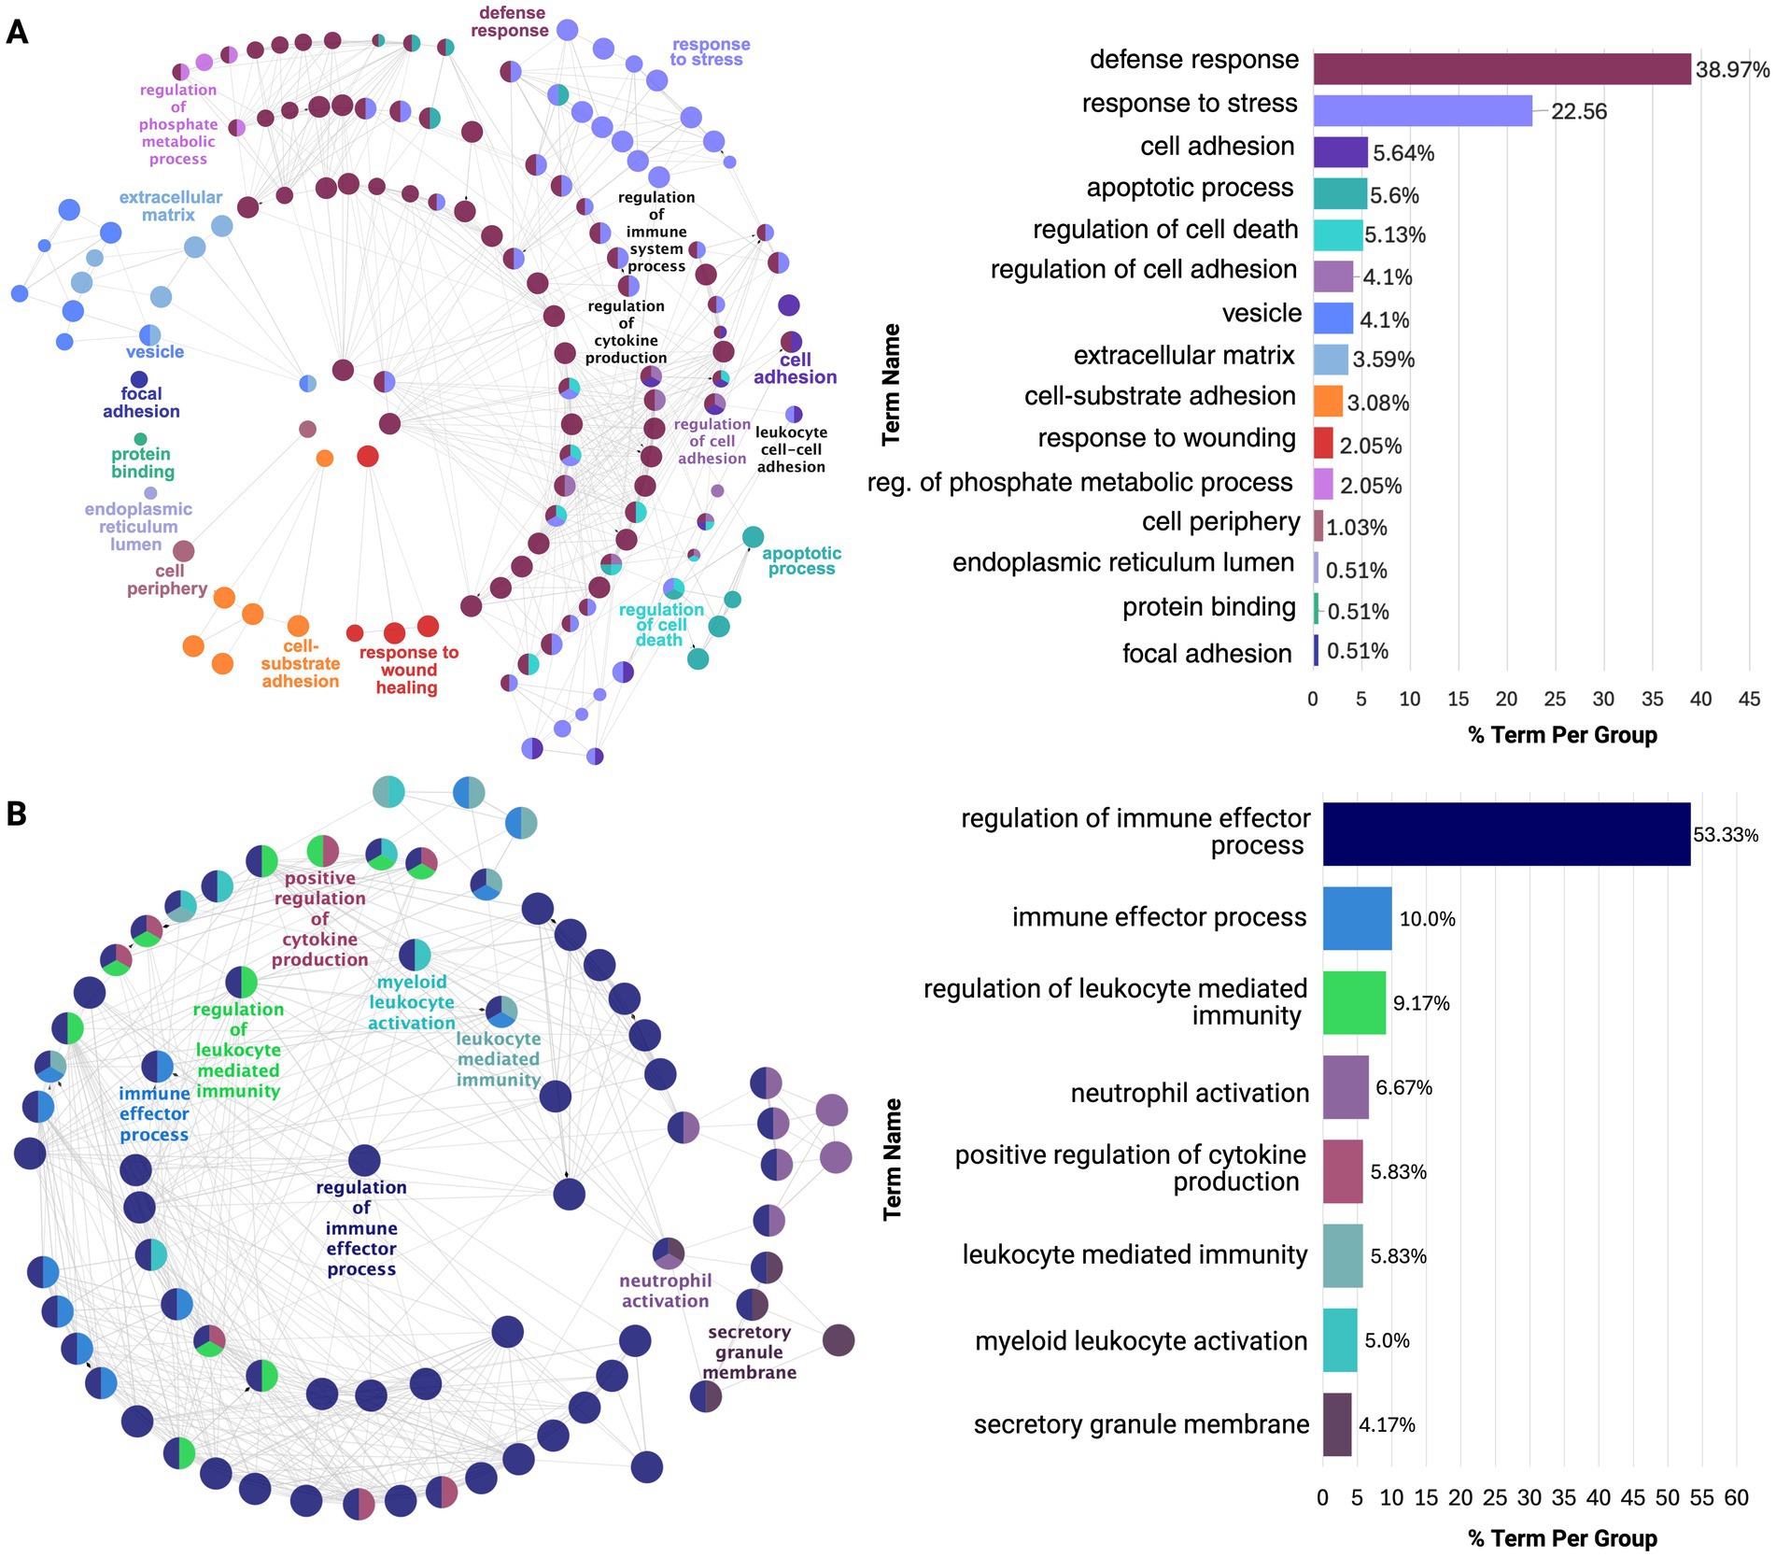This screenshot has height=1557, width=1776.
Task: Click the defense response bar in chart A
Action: coord(1501,69)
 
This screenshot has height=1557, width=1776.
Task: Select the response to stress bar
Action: coord(1422,110)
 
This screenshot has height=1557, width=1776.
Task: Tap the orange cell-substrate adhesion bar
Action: coord(1328,401)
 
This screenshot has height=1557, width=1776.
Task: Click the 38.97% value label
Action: coord(1732,70)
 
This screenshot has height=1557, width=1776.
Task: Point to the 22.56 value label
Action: coord(1579,112)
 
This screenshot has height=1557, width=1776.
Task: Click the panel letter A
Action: coord(17,33)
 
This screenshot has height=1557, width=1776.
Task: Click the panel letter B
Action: coord(16,814)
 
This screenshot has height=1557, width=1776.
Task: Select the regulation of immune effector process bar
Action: coord(1505,834)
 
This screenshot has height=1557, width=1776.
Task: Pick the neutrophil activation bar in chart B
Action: coord(1346,1087)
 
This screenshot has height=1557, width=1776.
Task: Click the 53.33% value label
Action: coord(1726,835)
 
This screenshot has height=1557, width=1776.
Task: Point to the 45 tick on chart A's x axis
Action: coord(1749,699)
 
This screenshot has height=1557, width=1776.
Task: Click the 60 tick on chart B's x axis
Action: coord(1736,1498)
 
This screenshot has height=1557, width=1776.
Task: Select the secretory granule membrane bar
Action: coord(1337,1424)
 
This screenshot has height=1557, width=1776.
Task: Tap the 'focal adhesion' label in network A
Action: coord(141,403)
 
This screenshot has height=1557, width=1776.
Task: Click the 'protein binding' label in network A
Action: coord(142,463)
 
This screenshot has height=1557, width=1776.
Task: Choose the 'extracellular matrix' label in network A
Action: coord(170,205)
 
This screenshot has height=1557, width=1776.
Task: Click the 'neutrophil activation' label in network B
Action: coord(665,1291)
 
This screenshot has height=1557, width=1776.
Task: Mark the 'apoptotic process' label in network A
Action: coord(801,560)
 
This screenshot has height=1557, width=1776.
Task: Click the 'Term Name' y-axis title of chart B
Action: coord(893,1158)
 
